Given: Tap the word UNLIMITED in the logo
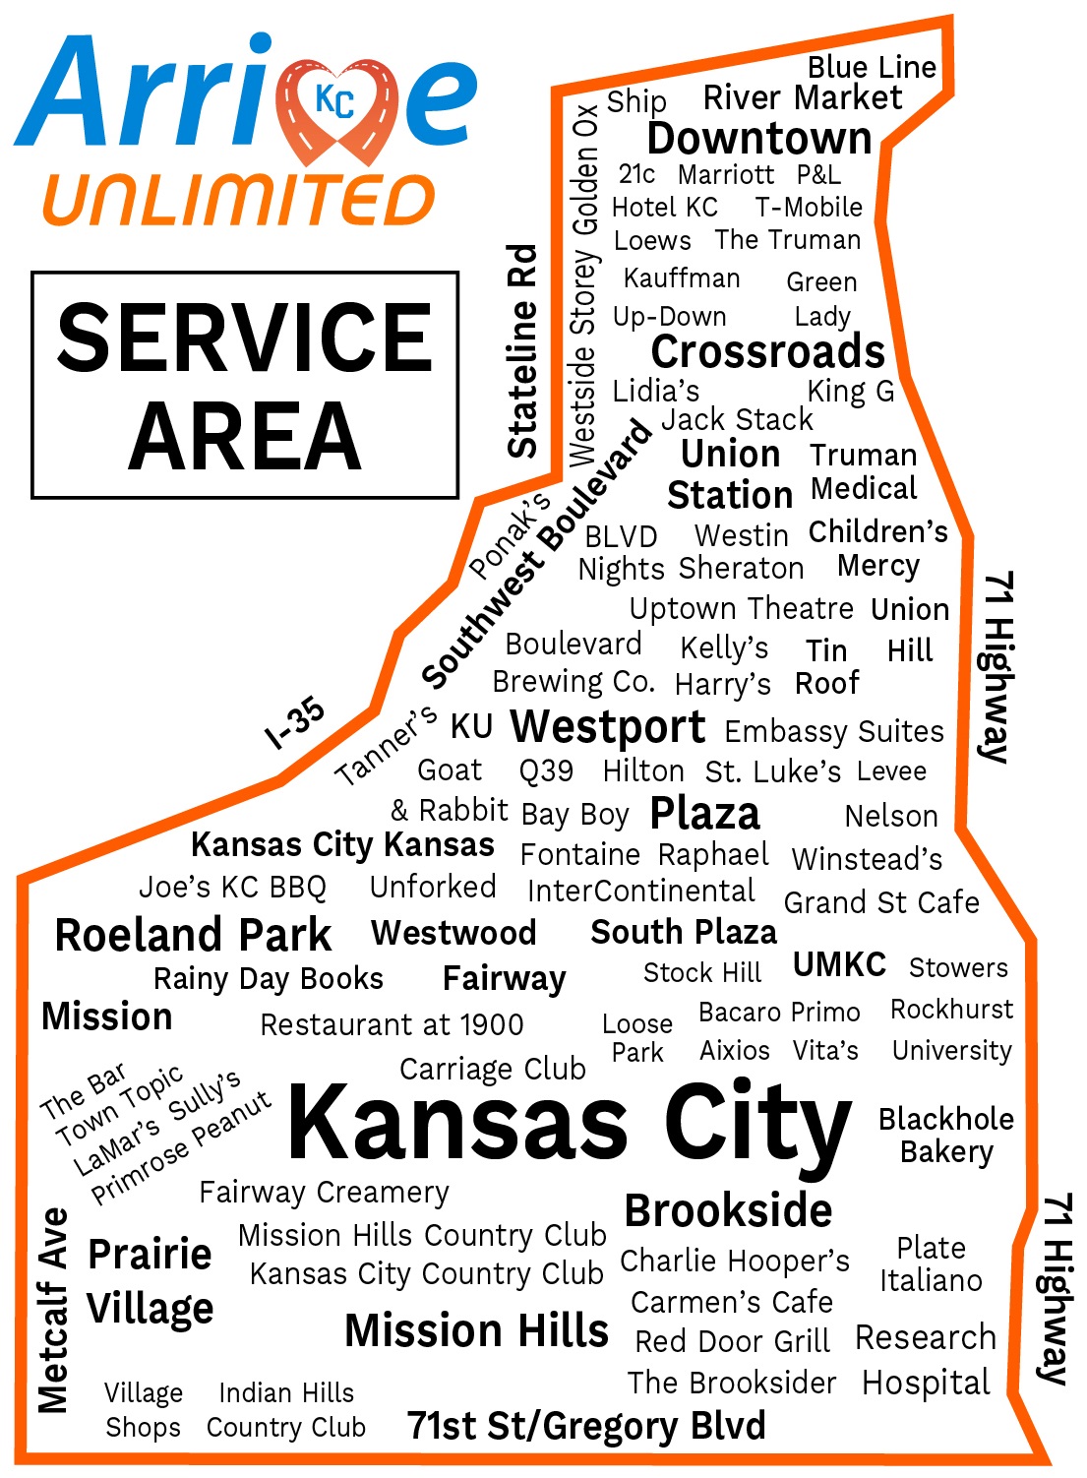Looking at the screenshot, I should coord(239,201).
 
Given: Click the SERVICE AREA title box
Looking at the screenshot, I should coord(245,385).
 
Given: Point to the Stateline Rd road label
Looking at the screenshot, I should coord(522,351).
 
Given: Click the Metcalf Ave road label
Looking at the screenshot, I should coord(53,1310).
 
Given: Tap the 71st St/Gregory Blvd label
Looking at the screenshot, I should coord(586,1425).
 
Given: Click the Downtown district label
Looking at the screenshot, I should coord(759,139).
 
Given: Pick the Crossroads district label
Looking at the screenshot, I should coord(768,351).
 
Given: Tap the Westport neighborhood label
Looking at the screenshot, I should coord(608,727).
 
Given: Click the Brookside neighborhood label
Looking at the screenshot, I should coord(728,1210).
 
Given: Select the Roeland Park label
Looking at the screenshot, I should coord(194,935).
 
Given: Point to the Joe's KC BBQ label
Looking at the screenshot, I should coord(232,888).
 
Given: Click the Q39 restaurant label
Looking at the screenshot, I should coord(546,770).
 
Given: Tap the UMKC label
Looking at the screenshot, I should coord(839,964).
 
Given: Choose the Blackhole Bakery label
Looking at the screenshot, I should coord(945,1135).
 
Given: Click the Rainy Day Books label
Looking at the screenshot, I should coord(269,979).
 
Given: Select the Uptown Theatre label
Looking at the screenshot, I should coord(742,609).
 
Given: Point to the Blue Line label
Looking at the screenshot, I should coord(872,67).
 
